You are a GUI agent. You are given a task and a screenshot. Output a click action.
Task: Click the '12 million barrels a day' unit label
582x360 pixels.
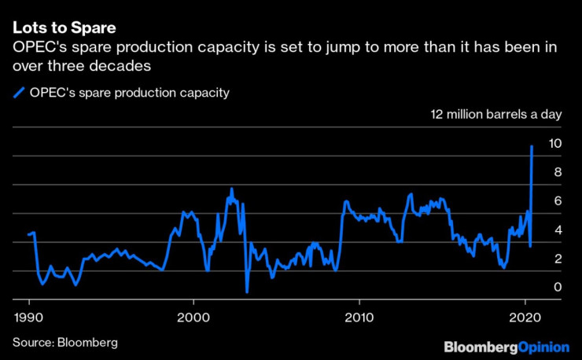495,115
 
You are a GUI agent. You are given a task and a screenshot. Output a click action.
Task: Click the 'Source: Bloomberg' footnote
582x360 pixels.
64,343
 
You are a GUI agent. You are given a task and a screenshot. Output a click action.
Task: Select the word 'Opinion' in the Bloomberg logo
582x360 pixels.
543,347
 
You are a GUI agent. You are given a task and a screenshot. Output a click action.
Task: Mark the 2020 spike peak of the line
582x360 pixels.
532,146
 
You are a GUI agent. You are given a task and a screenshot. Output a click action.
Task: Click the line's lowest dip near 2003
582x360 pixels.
247,292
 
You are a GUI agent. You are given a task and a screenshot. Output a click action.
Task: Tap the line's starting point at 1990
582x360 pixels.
28,234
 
